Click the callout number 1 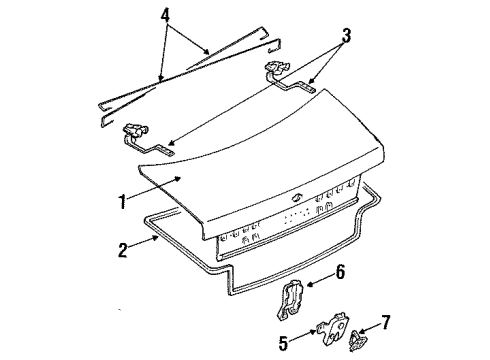pyautogui.click(x=123, y=201)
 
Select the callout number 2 pyautogui.click(x=123, y=250)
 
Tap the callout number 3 pyautogui.click(x=346, y=36)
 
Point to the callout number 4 pyautogui.click(x=165, y=15)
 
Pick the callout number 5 pyautogui.click(x=283, y=343)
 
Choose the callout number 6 pyautogui.click(x=340, y=272)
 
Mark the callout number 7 pyautogui.click(x=385, y=322)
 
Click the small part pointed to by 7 pyautogui.click(x=355, y=340)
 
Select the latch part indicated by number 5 pyautogui.click(x=332, y=328)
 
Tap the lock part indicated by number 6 pyautogui.click(x=290, y=300)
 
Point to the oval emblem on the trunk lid pyautogui.click(x=296, y=198)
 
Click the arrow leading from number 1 pyautogui.click(x=154, y=188)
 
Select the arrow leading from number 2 pyautogui.click(x=143, y=242)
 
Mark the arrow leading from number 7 pyautogui.click(x=370, y=327)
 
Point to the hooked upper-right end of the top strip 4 pyautogui.click(x=263, y=32)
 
